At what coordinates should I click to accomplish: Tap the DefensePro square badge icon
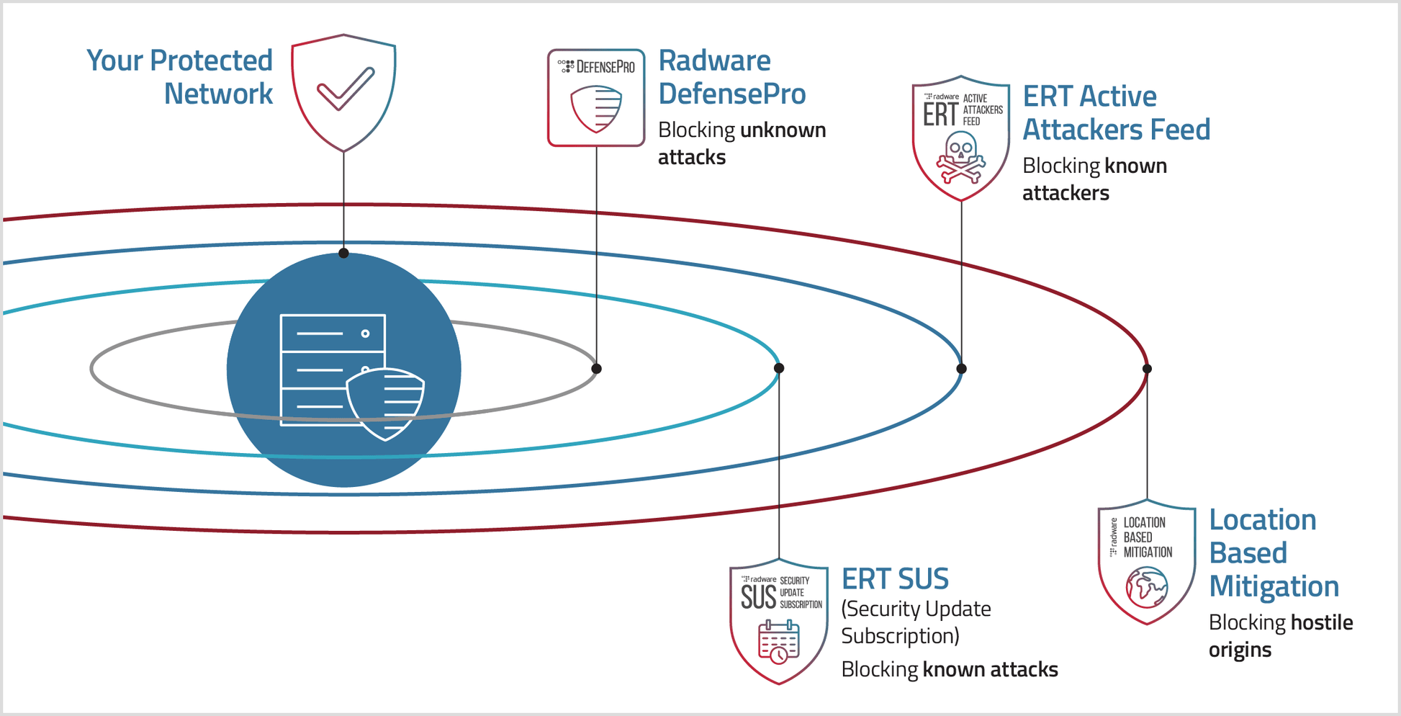click(x=596, y=98)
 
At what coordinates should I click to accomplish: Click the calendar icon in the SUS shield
click(x=778, y=642)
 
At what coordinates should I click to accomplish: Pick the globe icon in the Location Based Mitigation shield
click(x=1147, y=587)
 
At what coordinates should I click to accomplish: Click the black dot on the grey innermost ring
click(x=596, y=369)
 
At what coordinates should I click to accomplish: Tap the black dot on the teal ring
click(x=779, y=368)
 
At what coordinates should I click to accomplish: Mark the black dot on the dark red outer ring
click(x=1147, y=369)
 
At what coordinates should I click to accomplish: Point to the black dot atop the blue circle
click(x=344, y=253)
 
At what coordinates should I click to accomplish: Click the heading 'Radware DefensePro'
click(x=731, y=77)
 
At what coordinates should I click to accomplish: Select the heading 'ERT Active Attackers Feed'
click(x=1116, y=113)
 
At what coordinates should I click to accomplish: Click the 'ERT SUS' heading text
click(x=895, y=578)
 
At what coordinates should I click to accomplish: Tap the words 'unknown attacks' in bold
click(x=742, y=143)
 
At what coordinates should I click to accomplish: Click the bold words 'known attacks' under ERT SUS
click(x=990, y=670)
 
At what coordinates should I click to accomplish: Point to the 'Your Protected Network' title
click(x=180, y=77)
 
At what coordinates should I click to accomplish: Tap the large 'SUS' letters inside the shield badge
click(x=758, y=597)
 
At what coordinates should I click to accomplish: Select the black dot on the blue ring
click(x=961, y=369)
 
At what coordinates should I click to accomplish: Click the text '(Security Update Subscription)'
click(x=916, y=622)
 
